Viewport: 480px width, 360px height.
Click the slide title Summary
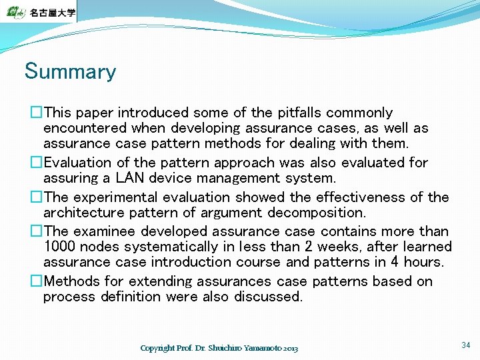point(70,71)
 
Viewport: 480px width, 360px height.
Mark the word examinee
point(103,231)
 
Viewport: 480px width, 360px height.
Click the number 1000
point(59,247)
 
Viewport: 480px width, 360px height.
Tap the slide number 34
point(465,345)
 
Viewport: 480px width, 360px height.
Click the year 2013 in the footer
point(290,349)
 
